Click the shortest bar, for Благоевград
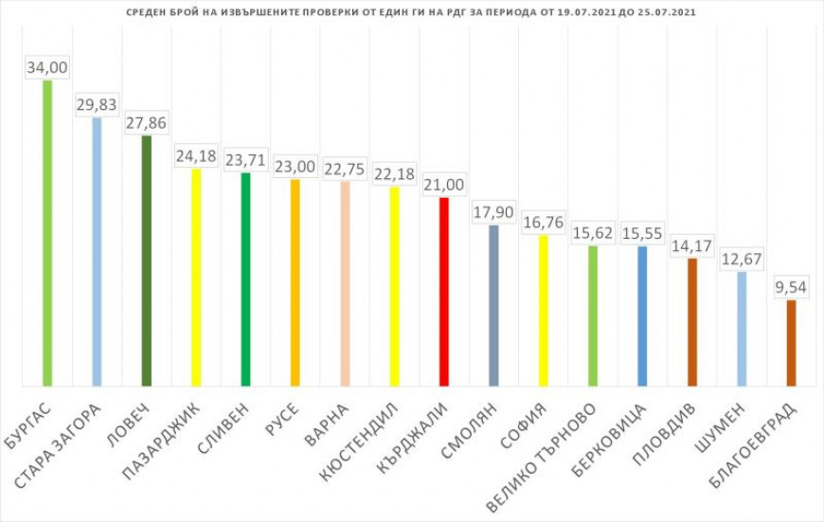click(x=791, y=343)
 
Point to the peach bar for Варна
click(x=345, y=283)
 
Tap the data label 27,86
click(x=146, y=123)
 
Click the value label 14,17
click(x=691, y=246)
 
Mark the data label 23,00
click(x=295, y=167)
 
